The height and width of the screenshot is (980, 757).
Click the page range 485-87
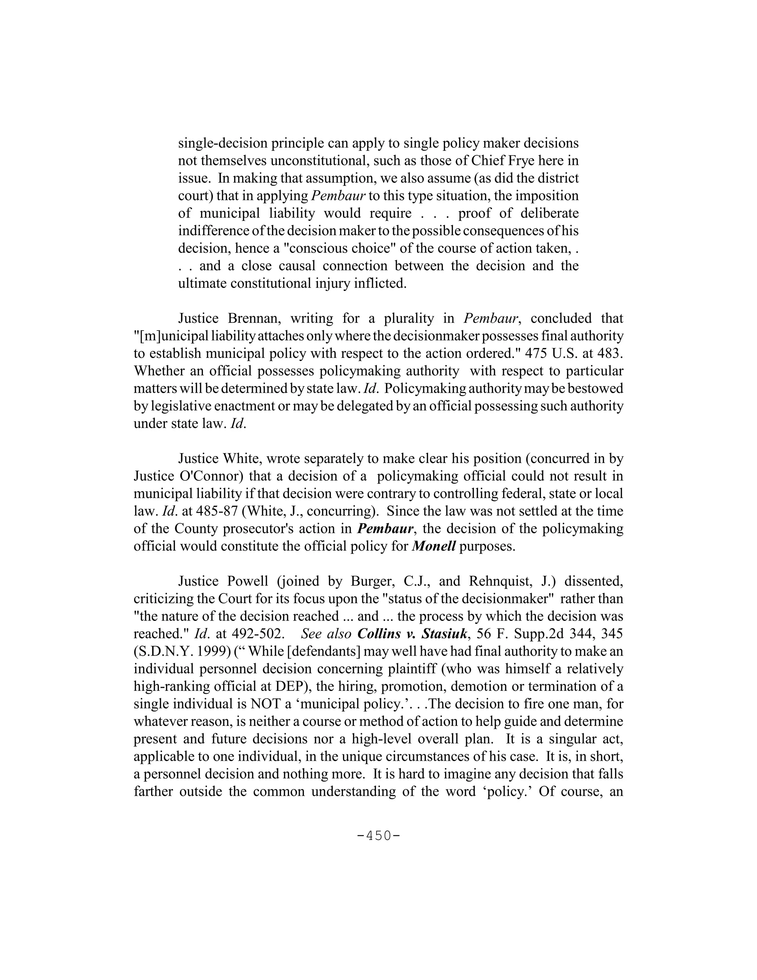click(x=210, y=511)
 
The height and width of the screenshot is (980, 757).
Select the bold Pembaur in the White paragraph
click(x=385, y=528)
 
